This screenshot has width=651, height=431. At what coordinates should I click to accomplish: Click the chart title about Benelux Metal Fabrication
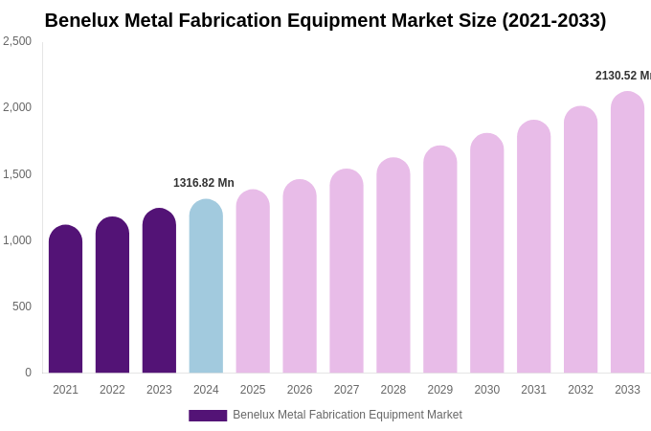click(325, 20)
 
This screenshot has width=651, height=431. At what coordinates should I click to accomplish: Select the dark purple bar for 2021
click(65, 299)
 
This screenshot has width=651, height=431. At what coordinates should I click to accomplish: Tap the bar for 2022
click(112, 295)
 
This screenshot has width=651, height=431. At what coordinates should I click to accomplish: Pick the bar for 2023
click(159, 290)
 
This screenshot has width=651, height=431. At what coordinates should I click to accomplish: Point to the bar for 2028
click(393, 265)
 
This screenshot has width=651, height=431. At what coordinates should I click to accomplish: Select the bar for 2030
click(487, 253)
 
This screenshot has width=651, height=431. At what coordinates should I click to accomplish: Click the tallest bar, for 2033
click(627, 232)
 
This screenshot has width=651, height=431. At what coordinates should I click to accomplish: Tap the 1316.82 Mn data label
click(204, 183)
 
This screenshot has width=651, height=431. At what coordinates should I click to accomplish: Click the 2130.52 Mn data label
click(622, 76)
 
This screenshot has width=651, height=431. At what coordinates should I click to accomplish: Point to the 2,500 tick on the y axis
click(17, 41)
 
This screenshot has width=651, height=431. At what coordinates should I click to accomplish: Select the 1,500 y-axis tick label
click(17, 174)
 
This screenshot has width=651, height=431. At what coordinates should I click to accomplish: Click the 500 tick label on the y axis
click(21, 306)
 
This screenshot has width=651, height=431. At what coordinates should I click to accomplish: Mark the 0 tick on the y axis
click(28, 373)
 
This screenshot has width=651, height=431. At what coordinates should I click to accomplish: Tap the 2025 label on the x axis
click(253, 390)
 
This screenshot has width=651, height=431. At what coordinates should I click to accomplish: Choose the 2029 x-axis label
click(440, 390)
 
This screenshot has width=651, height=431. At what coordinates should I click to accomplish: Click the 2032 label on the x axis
click(580, 390)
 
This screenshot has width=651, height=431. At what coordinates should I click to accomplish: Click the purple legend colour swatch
click(208, 416)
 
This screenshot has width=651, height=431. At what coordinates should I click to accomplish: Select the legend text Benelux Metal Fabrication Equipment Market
click(348, 415)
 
